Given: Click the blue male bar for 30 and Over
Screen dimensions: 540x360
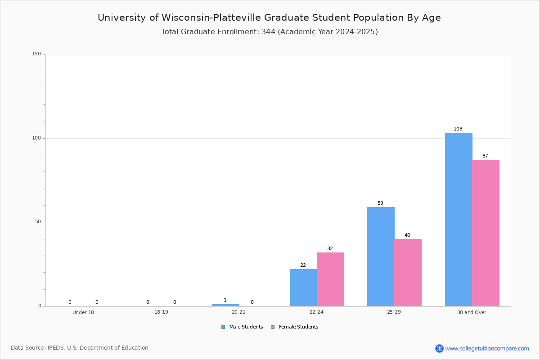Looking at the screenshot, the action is click(x=459, y=220).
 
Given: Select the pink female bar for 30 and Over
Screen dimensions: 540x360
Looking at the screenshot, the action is click(x=486, y=233).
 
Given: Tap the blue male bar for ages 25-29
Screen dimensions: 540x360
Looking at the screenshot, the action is click(x=381, y=256).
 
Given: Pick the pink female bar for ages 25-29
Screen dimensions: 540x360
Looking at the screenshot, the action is click(x=408, y=272).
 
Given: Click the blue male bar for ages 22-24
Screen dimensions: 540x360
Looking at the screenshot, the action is click(x=303, y=288).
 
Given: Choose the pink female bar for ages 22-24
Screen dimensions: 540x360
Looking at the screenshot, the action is click(x=330, y=279).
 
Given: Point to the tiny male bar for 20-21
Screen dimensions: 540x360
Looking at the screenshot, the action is click(x=225, y=305).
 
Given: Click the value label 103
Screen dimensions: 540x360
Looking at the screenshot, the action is click(x=458, y=129).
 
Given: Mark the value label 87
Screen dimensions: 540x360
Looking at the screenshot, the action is click(x=485, y=156).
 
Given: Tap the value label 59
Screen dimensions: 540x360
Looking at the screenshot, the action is click(x=380, y=203).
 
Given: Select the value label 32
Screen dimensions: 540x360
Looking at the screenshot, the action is click(x=330, y=248).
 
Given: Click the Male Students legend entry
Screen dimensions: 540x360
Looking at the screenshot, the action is click(x=242, y=327).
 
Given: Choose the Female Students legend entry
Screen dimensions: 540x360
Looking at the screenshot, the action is click(x=295, y=327).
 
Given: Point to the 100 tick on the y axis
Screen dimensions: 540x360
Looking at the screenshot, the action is click(x=36, y=138).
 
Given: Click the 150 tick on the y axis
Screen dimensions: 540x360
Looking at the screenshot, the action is click(x=36, y=54).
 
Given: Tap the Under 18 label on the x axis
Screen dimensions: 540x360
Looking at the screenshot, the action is click(x=83, y=312).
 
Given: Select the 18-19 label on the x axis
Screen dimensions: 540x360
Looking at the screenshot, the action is click(x=161, y=312).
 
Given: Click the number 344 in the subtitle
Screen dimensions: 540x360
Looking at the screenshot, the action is click(x=269, y=32).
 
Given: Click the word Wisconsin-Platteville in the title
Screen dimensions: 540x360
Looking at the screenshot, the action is click(x=211, y=18).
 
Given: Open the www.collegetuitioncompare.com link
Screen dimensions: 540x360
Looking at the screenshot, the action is click(x=487, y=348).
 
